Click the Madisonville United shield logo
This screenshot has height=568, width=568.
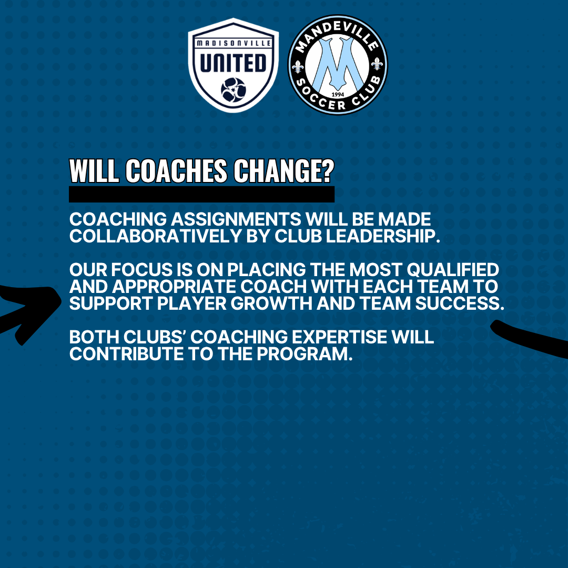pos(234,65)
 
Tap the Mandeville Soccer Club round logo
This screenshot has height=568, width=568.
pos(338,65)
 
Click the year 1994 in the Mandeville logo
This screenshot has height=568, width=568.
pos(338,95)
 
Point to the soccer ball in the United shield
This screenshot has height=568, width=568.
pos(234,90)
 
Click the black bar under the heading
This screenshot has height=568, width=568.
pos(202,194)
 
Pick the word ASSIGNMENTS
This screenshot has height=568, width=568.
pos(236,219)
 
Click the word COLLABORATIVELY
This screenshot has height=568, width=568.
pos(156,236)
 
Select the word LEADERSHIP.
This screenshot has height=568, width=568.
pos(383,236)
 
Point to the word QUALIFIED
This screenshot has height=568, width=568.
pos(453,270)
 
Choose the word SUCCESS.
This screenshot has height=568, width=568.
pos(460,303)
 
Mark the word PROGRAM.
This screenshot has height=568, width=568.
pos(305,354)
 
